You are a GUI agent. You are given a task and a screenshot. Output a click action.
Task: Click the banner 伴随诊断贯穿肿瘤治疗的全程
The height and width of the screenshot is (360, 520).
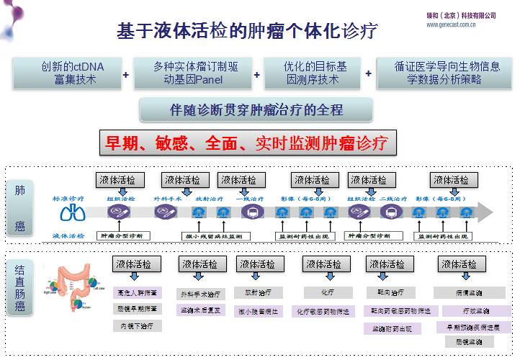click(256, 110)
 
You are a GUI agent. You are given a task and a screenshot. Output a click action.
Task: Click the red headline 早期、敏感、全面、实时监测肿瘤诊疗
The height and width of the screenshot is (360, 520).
click(247, 143)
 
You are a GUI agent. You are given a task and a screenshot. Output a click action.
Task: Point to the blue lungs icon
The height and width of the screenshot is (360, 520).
click(71, 213)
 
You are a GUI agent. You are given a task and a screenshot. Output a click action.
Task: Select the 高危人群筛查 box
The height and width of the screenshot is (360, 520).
click(137, 293)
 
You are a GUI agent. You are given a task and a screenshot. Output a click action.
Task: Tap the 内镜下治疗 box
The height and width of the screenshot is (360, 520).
click(137, 325)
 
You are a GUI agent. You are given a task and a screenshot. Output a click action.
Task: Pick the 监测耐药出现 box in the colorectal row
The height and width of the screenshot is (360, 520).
click(392, 329)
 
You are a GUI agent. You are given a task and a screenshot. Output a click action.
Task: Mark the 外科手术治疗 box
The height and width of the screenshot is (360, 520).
click(202, 294)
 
